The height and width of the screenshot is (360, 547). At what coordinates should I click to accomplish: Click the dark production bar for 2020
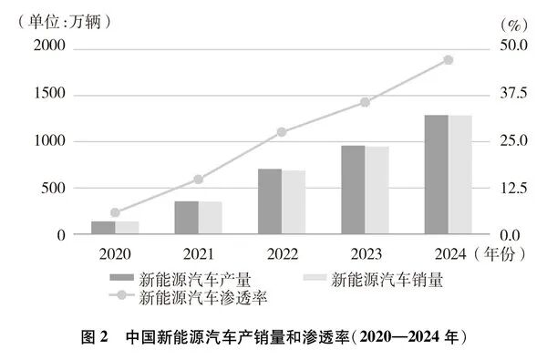tap(103, 228)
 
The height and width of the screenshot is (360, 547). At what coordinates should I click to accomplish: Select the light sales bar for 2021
tap(210, 218)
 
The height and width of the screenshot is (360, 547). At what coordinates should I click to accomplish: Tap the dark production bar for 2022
tap(270, 201)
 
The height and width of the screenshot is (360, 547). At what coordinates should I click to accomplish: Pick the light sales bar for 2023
tap(377, 190)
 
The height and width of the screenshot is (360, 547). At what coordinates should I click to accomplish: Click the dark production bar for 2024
tap(437, 175)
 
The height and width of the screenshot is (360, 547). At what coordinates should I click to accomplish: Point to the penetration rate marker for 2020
tap(115, 212)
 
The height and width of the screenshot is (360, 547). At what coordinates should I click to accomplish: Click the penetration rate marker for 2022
tap(282, 132)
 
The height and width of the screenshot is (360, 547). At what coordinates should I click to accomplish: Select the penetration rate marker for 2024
tap(448, 60)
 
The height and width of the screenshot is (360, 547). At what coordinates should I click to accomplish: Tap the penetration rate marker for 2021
tap(198, 180)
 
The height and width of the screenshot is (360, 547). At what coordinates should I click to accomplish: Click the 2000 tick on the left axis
tap(51, 46)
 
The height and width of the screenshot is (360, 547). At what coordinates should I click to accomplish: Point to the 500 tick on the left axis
tap(56, 188)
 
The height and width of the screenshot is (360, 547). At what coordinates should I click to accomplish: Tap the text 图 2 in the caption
tap(94, 335)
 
